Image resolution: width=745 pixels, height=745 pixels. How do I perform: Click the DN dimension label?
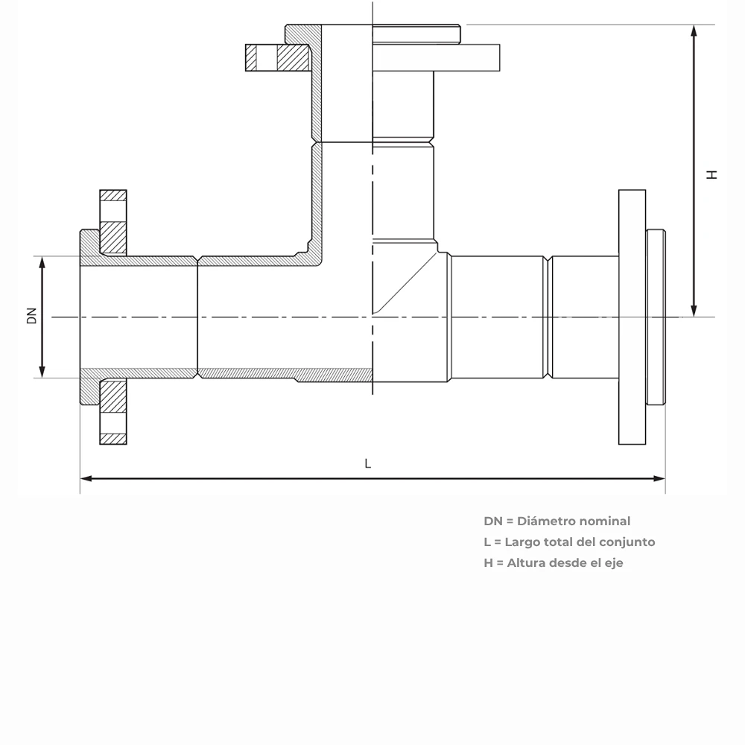tap(31, 316)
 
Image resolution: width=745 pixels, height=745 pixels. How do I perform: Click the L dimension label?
tap(368, 463)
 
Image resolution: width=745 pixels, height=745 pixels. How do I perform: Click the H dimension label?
tap(711, 175)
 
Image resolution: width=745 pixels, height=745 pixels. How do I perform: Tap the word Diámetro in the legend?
tap(551, 521)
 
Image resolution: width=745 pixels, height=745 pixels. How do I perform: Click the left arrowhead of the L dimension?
tap(86, 478)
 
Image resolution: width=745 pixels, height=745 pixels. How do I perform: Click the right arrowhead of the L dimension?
tap(659, 478)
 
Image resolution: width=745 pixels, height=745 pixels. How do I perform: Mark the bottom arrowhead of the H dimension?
tap(694, 311)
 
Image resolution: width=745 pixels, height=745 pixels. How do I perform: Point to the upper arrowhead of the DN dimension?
tap(42, 262)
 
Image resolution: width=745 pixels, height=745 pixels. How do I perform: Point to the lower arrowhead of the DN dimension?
tap(42, 372)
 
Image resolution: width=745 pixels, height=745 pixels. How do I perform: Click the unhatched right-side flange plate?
tap(632, 317)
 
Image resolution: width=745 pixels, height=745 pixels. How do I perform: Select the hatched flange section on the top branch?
tap(277, 57)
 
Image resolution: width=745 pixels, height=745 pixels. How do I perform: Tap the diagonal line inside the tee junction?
tap(405, 282)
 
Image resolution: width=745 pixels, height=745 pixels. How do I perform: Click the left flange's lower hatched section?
tap(113, 411)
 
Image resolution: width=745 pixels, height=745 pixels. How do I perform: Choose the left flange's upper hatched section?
tap(113, 222)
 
